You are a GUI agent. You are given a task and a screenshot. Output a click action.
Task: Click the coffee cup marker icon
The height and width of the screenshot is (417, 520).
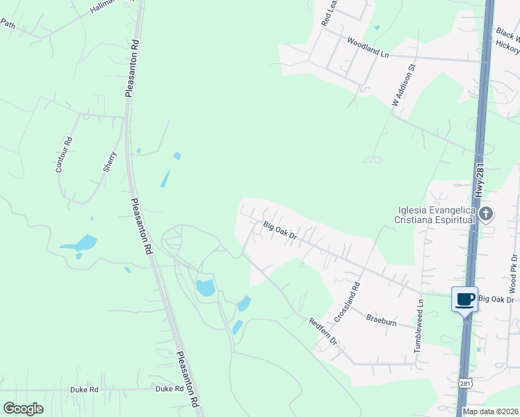tap(464, 300)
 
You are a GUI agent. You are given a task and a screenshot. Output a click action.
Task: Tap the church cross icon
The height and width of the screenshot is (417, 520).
tap(486, 214)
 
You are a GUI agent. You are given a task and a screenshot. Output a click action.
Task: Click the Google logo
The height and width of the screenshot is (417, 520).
tap(24, 408)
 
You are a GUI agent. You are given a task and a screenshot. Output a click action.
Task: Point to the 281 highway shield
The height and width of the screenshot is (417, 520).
tap(465, 383)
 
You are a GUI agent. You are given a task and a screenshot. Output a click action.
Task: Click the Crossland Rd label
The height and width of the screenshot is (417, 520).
tap(347, 300)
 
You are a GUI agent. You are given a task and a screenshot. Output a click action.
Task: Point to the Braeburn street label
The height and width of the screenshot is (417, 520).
tap(382, 320)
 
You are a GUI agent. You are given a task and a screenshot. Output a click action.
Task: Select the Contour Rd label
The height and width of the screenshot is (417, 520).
tap(64, 154)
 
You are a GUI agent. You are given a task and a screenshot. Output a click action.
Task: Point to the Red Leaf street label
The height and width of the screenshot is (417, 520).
tap(327, 13)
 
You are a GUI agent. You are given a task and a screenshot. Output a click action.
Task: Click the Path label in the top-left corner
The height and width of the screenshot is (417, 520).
tap(8, 24)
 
